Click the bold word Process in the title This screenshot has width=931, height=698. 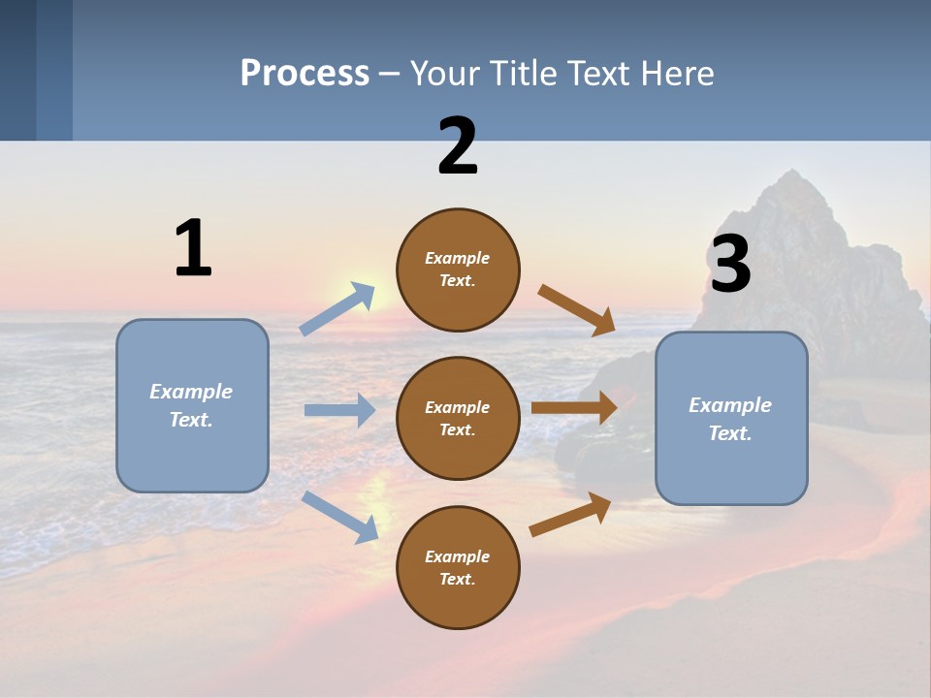[305, 74]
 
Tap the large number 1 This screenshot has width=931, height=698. [193, 248]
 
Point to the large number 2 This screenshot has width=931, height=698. [458, 146]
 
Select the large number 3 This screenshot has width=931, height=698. [730, 265]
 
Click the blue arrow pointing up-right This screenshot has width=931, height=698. [337, 309]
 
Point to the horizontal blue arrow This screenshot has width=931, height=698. [339, 410]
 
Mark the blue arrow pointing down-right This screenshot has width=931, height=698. [340, 517]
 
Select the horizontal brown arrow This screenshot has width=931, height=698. [574, 408]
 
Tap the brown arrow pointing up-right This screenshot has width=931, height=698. [570, 515]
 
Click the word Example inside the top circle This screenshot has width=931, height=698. [458, 259]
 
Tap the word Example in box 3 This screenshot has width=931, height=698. [730, 405]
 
